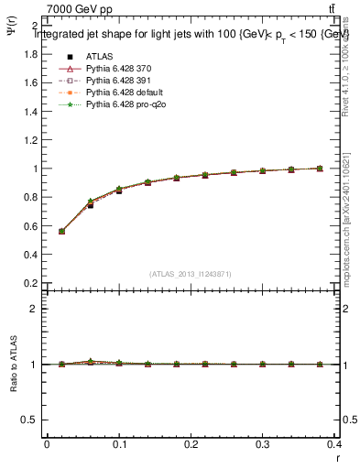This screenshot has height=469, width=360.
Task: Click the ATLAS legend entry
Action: coord(100,57)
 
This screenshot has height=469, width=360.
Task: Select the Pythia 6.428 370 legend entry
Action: coord(115,69)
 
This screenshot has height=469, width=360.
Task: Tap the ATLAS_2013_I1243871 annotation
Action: coord(190,275)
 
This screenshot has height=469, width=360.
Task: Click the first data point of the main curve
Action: coord(61,231)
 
